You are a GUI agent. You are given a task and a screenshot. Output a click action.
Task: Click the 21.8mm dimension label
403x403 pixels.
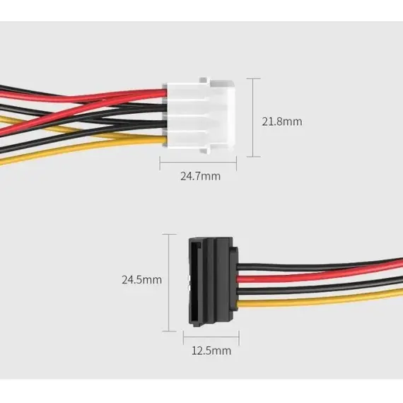tap(282, 122)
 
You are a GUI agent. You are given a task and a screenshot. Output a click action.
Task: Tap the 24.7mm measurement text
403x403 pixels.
tap(201, 176)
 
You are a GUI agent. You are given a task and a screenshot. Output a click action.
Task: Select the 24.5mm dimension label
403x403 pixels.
tap(142, 280)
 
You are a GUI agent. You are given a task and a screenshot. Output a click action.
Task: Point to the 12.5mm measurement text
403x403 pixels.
tap(211, 351)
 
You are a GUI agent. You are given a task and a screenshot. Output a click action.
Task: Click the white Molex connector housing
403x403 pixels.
tap(201, 115)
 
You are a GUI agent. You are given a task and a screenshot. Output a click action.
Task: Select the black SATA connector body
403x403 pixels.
tap(213, 281)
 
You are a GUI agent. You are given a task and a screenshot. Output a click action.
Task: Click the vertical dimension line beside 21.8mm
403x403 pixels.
tap(253, 117)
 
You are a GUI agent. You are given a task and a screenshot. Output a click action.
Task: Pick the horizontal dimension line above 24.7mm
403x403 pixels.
tap(198, 163)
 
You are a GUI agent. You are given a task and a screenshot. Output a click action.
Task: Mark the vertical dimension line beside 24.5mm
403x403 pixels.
tap(169, 283)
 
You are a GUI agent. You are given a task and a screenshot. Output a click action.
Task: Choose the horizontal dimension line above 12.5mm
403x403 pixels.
tap(211, 337)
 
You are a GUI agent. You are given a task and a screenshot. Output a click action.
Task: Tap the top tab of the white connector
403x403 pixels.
tap(204, 80)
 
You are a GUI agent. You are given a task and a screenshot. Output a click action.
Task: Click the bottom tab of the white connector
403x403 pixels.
tap(204, 151)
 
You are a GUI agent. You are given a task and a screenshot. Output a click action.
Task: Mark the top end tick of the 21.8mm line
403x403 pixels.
tap(253, 78)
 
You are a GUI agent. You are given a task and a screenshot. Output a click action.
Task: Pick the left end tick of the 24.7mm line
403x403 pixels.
tap(160, 163)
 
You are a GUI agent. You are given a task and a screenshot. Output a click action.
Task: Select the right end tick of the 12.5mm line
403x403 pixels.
tap(239, 338)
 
